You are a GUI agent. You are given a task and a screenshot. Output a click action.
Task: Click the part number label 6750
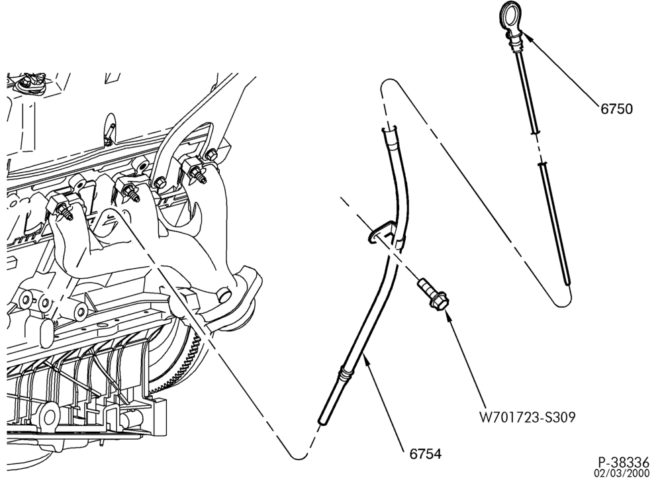[616, 109]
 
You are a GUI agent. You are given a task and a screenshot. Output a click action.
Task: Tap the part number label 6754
[425, 454]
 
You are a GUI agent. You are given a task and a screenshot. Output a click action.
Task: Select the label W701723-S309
[528, 417]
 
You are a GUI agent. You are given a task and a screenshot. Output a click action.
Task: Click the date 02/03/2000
[622, 473]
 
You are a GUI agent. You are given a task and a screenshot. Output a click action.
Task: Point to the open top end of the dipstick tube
[389, 128]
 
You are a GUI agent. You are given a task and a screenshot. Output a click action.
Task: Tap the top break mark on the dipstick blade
[534, 132]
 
